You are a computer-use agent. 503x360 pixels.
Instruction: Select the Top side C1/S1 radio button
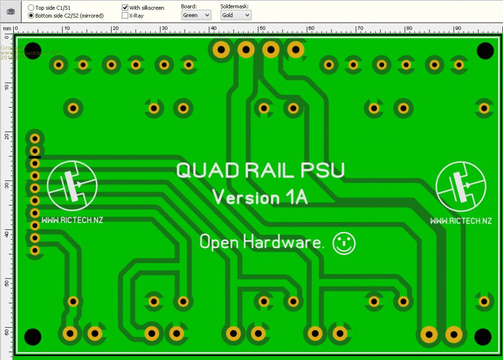coord(31,8)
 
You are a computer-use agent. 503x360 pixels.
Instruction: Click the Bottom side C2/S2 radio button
coord(31,16)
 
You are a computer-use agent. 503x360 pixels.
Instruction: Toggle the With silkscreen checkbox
coord(125,8)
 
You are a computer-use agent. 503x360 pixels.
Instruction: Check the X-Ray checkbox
coord(125,16)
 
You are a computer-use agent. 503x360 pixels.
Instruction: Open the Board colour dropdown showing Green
coord(196,15)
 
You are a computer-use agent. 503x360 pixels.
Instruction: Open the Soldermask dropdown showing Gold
coord(236,15)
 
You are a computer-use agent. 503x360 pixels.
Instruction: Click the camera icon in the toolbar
coord(11,11)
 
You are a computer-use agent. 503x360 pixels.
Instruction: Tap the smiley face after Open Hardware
coord(344,243)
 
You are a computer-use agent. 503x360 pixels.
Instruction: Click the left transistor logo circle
coord(72,185)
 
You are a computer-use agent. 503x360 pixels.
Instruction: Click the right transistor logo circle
coord(461,185)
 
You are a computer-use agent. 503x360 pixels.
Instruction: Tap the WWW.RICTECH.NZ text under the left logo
coord(72,221)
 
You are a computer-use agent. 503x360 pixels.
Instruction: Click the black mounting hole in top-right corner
coord(485,50)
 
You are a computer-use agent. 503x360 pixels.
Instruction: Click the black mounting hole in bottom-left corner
coord(32,337)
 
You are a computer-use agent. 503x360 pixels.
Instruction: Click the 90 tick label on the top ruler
coord(457,28)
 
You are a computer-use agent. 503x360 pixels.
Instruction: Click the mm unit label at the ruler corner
coord(7,28)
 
